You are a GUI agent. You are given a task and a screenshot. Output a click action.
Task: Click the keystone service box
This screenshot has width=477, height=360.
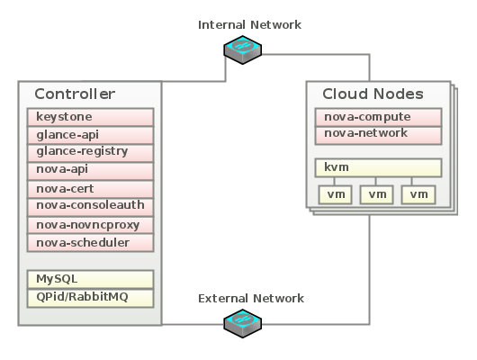pyautogui.click(x=90, y=117)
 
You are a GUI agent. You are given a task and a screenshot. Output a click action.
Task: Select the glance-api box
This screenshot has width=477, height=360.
pyautogui.click(x=90, y=134)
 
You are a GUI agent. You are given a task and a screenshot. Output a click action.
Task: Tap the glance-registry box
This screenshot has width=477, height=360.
pyautogui.click(x=90, y=151)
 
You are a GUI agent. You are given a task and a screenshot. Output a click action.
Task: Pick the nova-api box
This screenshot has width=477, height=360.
pyautogui.click(x=90, y=169)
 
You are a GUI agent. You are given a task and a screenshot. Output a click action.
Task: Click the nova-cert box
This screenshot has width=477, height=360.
pyautogui.click(x=90, y=189)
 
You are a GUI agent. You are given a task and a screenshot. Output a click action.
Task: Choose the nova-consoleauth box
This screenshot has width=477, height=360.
pyautogui.click(x=90, y=206)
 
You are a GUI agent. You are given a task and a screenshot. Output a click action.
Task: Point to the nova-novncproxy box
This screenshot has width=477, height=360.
pyautogui.click(x=90, y=225)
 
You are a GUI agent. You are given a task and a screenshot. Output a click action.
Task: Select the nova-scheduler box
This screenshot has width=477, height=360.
pyautogui.click(x=90, y=243)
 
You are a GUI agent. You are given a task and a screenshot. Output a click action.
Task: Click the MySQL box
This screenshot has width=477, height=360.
pyautogui.click(x=90, y=279)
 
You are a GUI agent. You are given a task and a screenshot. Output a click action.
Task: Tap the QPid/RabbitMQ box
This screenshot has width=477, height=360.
pyautogui.click(x=90, y=297)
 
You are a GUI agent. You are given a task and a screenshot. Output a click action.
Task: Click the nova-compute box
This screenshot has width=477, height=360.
pyautogui.click(x=378, y=117)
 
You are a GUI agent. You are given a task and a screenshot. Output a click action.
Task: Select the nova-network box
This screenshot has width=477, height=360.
pyautogui.click(x=378, y=134)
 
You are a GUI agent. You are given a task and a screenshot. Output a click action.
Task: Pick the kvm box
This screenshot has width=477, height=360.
pyautogui.click(x=378, y=168)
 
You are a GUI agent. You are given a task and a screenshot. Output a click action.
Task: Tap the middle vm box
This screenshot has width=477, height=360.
pyautogui.click(x=378, y=194)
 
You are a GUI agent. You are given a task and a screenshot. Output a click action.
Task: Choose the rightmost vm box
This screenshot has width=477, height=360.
pyautogui.click(x=418, y=194)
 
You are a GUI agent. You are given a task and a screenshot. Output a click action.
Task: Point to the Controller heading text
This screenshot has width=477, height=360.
pyautogui.click(x=74, y=94)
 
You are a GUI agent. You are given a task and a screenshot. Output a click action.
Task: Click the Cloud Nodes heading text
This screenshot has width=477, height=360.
pyautogui.click(x=373, y=94)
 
